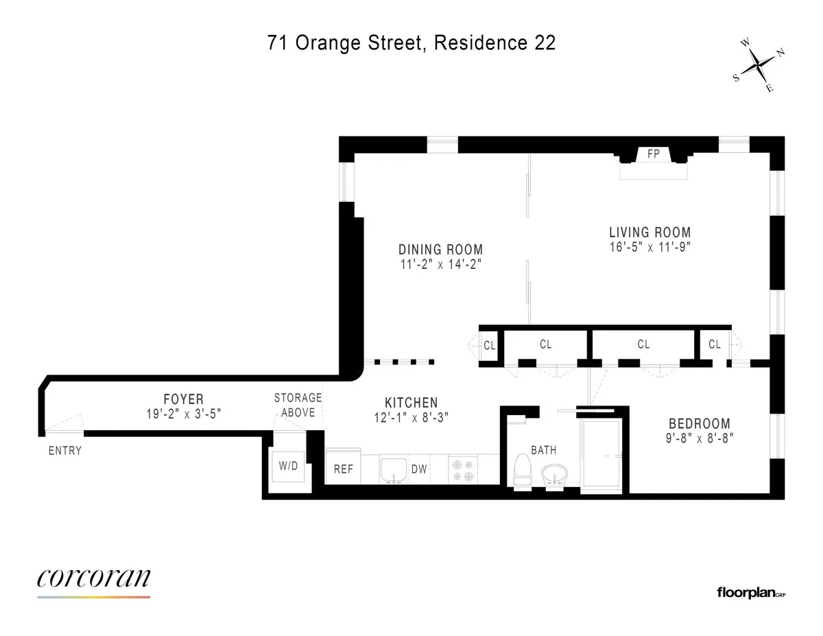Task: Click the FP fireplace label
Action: (x=653, y=154)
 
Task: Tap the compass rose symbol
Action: (x=759, y=66)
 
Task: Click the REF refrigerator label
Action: (x=343, y=470)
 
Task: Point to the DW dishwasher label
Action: (x=419, y=470)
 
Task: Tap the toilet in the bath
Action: (x=523, y=471)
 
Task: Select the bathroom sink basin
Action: (x=555, y=474)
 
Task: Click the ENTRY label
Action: (x=65, y=451)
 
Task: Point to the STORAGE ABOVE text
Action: (x=298, y=405)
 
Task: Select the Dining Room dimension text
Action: (x=441, y=265)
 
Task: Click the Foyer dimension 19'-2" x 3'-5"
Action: (x=183, y=414)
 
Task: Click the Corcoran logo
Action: (x=93, y=580)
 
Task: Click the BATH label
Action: (x=543, y=450)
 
